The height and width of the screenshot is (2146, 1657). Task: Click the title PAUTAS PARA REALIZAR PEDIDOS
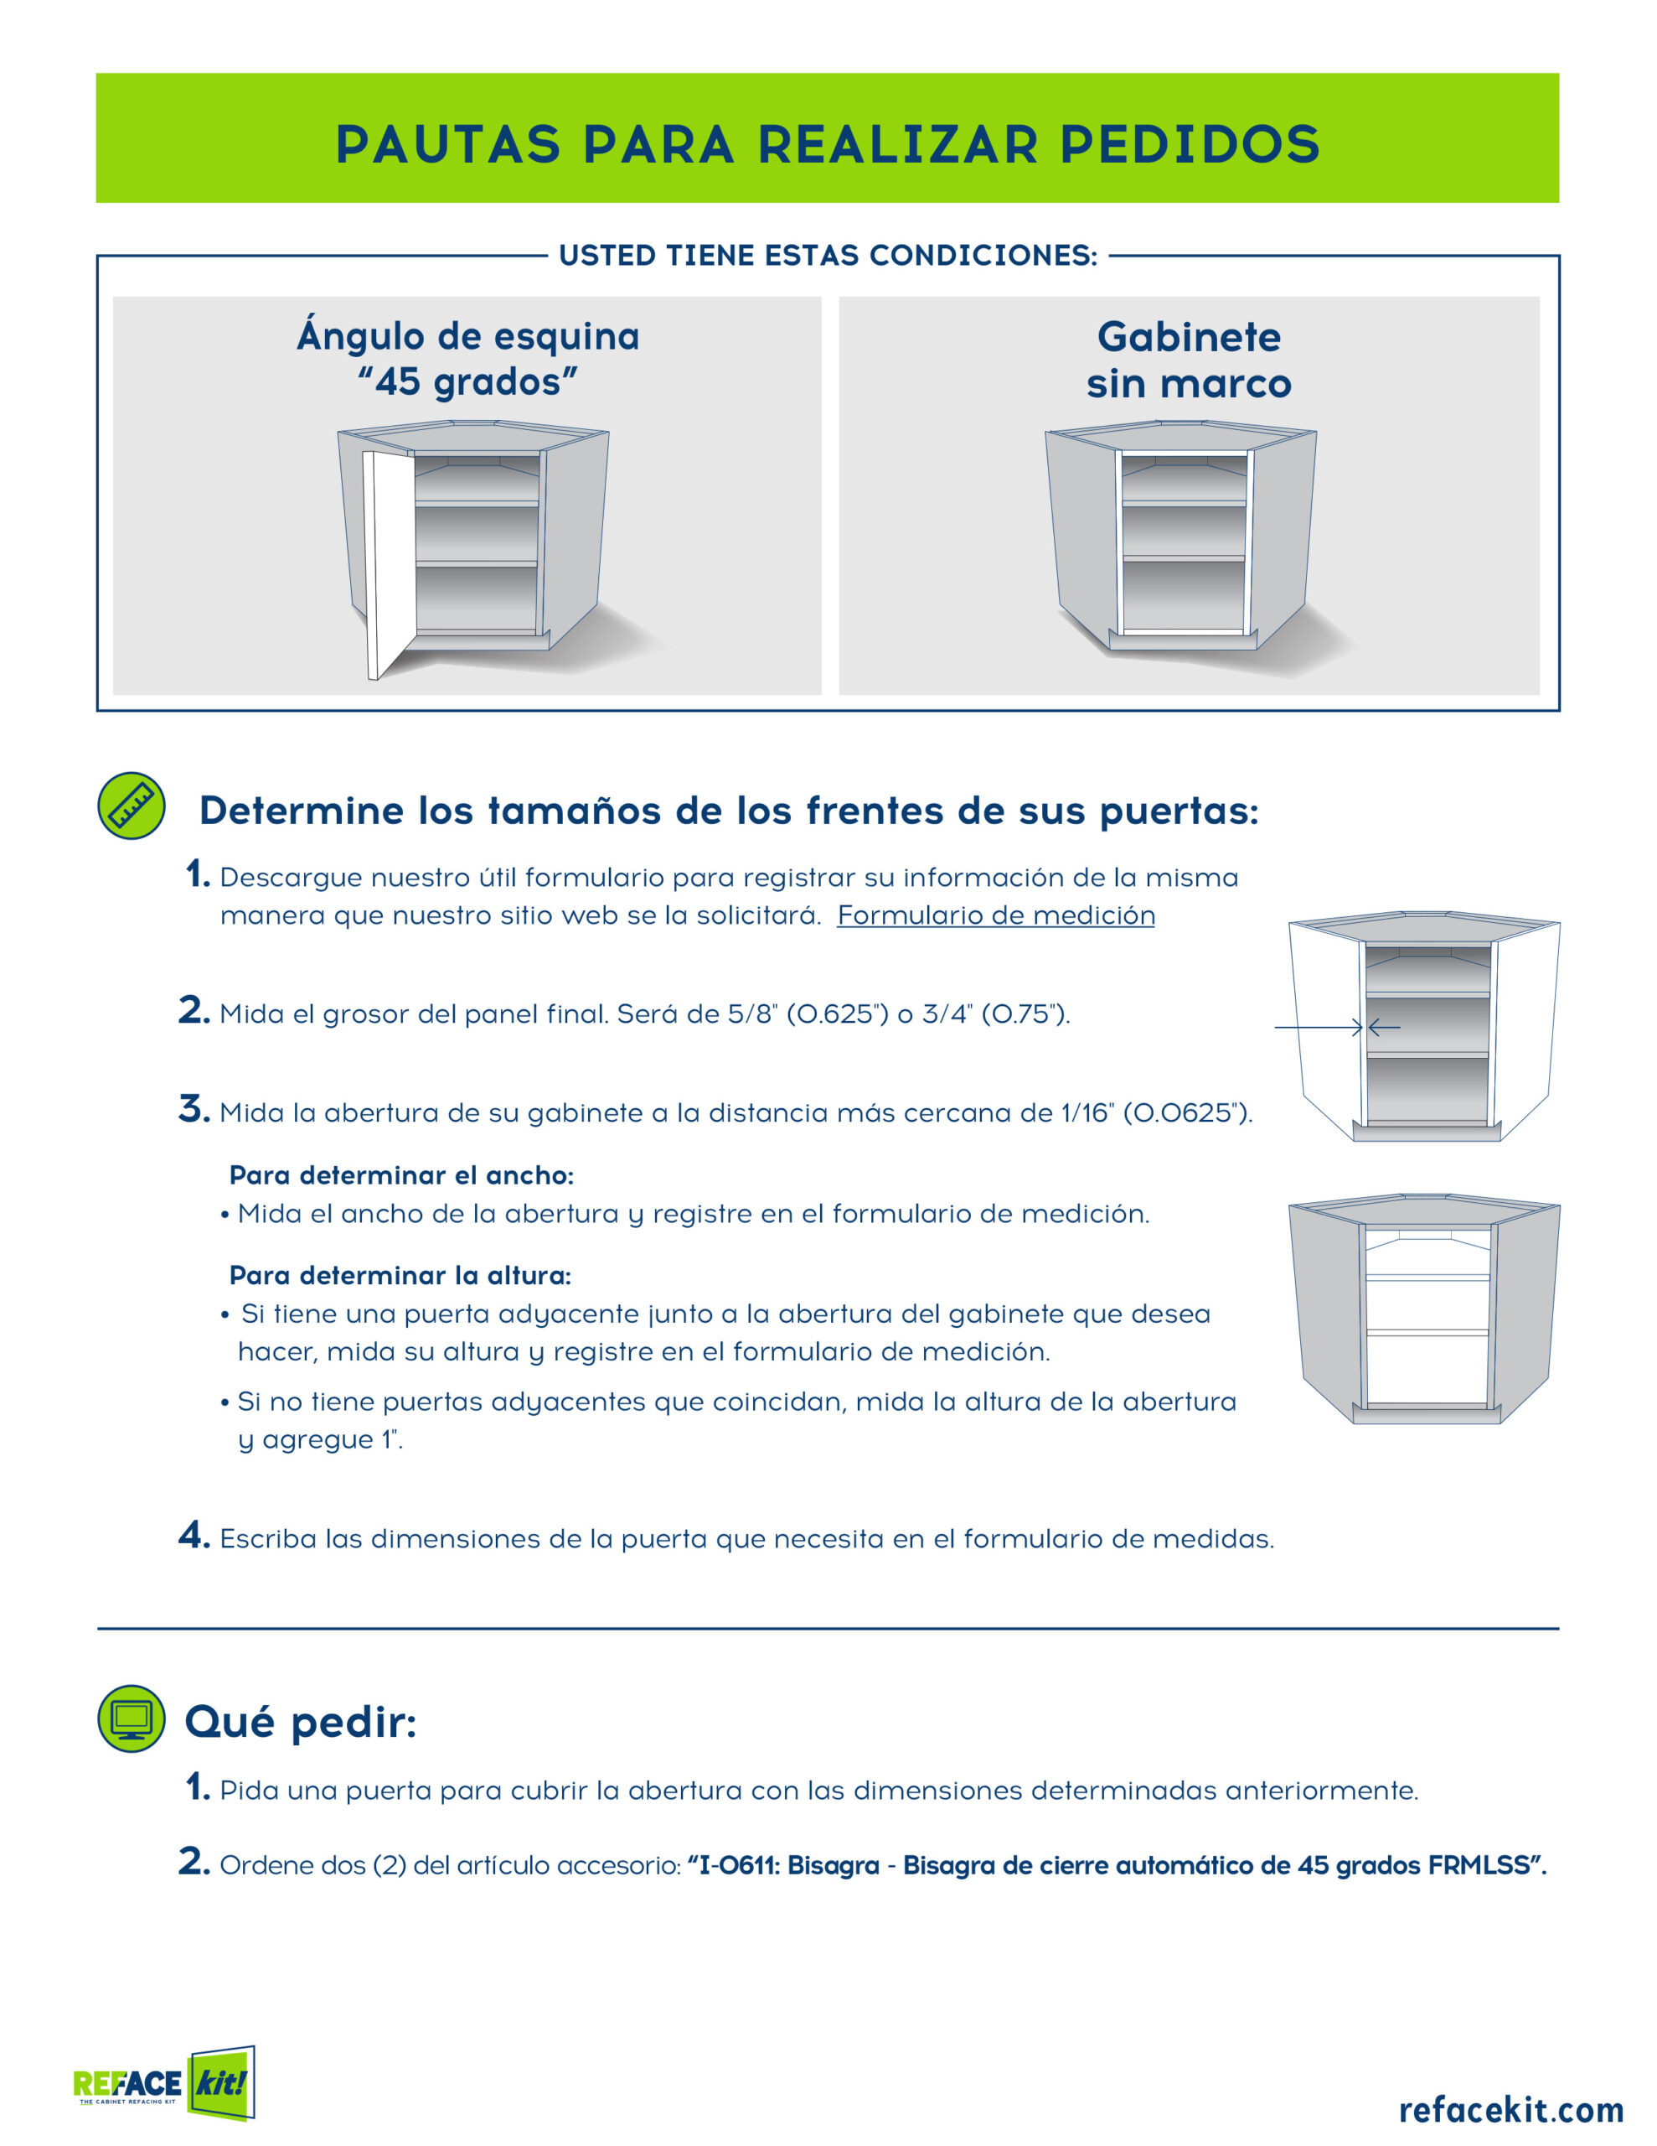point(827,143)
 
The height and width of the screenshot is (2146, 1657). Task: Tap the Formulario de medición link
point(996,915)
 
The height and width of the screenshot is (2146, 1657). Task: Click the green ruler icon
point(132,806)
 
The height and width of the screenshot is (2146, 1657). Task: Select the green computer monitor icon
point(132,1718)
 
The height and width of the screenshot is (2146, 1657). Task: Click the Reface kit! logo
point(164,2082)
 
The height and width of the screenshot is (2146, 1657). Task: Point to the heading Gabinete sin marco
point(1189,360)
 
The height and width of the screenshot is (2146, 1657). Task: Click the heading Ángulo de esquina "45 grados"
point(467,359)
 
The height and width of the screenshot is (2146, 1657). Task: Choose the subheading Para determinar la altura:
point(400,1275)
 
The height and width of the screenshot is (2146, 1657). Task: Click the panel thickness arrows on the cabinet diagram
point(1338,1028)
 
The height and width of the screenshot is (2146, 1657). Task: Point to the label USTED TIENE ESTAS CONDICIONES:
point(828,256)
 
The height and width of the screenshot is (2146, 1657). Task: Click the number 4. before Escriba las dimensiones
point(194,1535)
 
